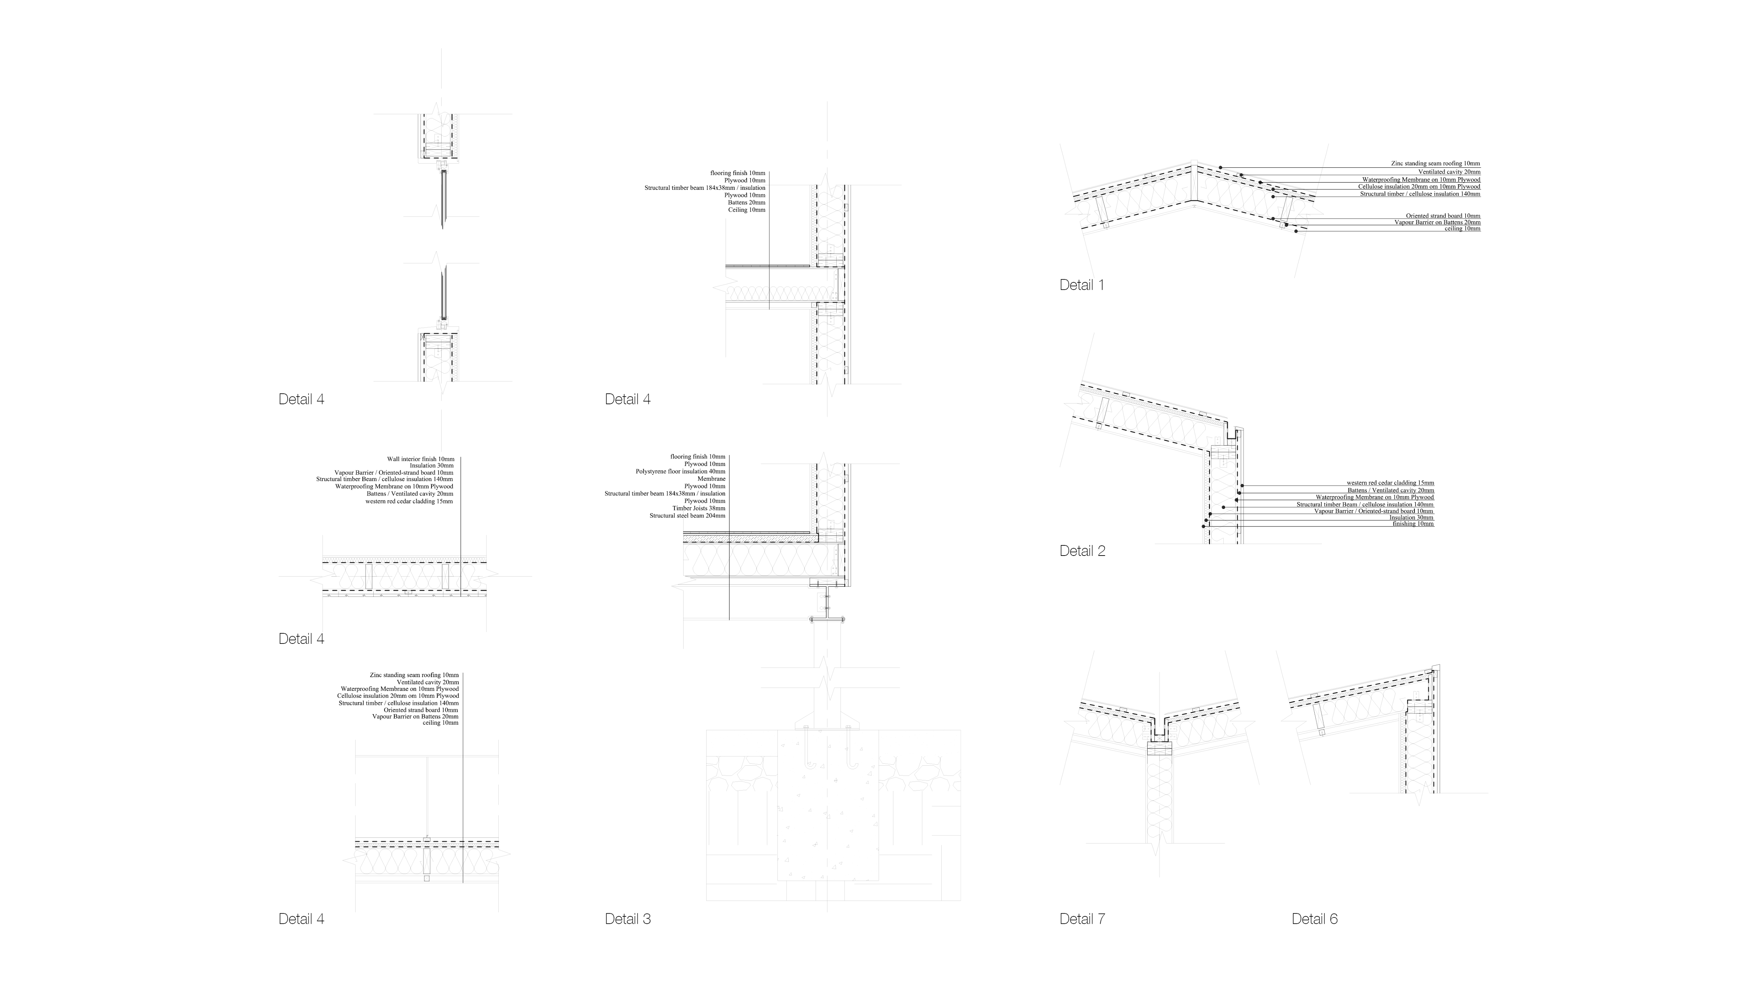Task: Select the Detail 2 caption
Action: pos(1082,551)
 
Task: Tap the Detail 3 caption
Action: pos(628,919)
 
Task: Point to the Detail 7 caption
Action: pos(1082,919)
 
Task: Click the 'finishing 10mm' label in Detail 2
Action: pos(1413,524)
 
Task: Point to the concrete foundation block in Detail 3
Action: pos(827,809)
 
